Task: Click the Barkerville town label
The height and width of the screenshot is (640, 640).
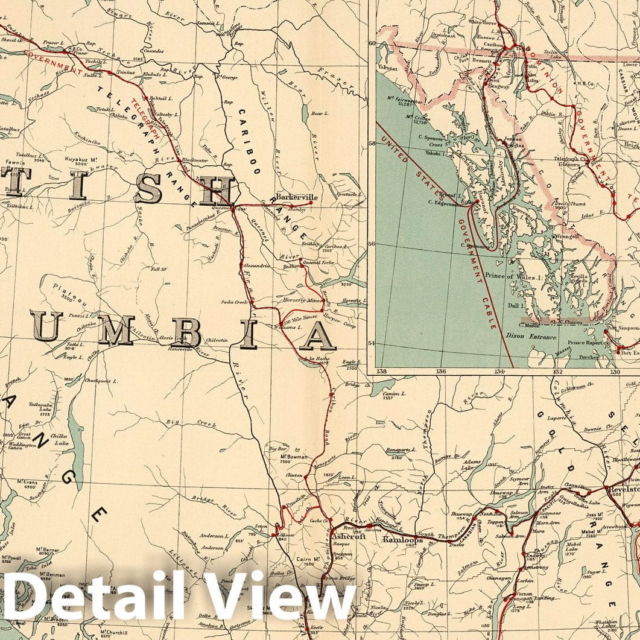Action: [297, 197]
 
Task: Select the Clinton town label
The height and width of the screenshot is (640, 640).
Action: [294, 475]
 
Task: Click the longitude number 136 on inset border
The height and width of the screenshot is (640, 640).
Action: [441, 371]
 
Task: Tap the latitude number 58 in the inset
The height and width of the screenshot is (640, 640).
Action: [372, 144]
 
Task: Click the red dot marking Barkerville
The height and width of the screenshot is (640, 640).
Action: [311, 203]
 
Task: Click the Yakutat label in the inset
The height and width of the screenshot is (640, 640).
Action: [391, 69]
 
